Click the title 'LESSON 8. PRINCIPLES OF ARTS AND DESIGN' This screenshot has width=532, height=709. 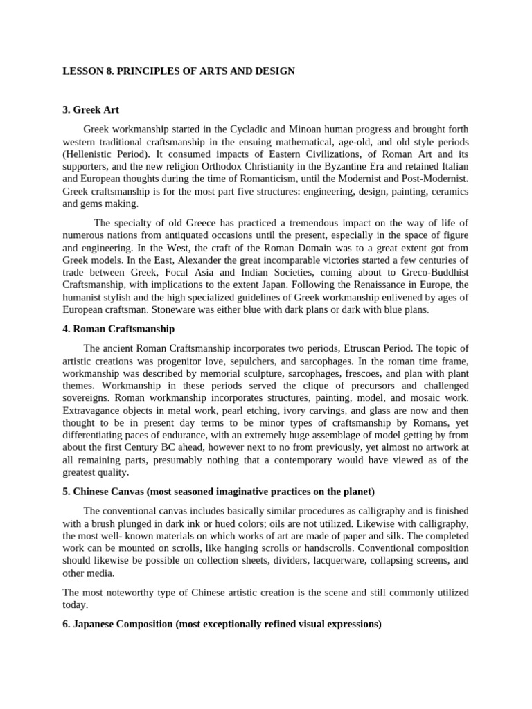(x=179, y=71)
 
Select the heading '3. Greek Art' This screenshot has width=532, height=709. (x=91, y=109)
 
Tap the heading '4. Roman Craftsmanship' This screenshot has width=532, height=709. (x=118, y=328)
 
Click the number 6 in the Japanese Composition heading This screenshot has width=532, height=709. (x=66, y=624)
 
